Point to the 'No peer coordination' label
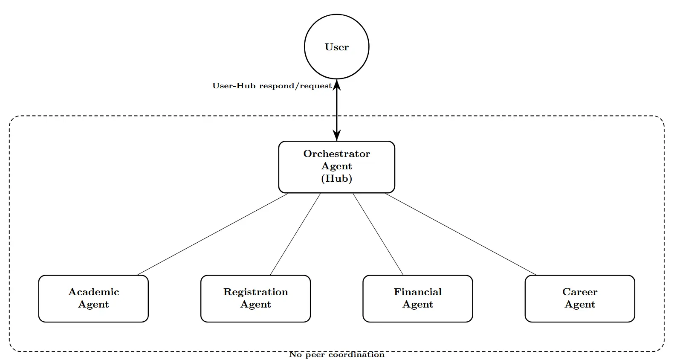pyautogui.click(x=336, y=354)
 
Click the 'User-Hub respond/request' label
pyautogui.click(x=272, y=86)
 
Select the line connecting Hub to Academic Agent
pyautogui.click(x=213, y=234)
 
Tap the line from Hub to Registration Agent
pyautogui.click(x=295, y=234)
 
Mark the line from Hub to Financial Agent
pyautogui.click(x=378, y=234)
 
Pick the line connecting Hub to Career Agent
pyautogui.click(x=460, y=234)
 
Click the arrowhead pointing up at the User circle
pyautogui.click(x=337, y=84)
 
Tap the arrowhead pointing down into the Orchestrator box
pyautogui.click(x=337, y=136)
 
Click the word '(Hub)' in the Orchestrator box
pyautogui.click(x=336, y=178)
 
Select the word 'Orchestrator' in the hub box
pyautogui.click(x=336, y=154)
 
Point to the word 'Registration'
pyautogui.click(x=255, y=292)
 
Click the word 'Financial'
pyautogui.click(x=417, y=292)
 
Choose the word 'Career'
pyautogui.click(x=579, y=292)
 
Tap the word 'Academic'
pyautogui.click(x=93, y=292)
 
